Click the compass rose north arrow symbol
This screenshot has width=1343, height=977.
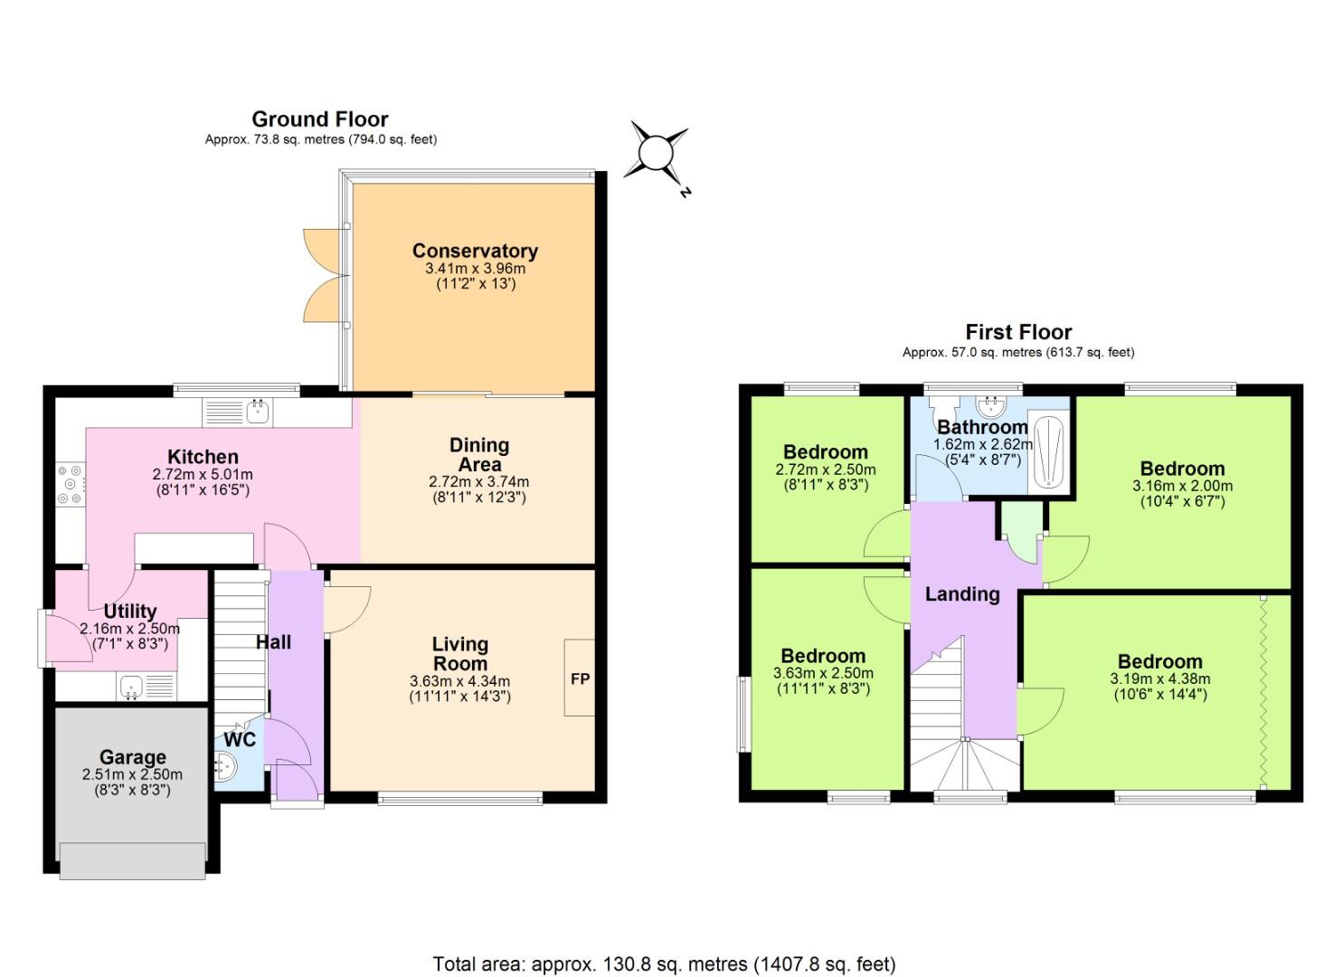click(x=657, y=151)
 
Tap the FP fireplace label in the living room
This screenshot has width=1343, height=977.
click(x=580, y=678)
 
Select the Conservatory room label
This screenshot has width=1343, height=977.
click(x=475, y=251)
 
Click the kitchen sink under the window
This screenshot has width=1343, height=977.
click(x=259, y=413)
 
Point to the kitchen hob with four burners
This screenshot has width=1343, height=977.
click(x=70, y=485)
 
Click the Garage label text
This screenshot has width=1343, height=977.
click(x=132, y=757)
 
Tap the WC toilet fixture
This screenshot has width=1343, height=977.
click(x=223, y=770)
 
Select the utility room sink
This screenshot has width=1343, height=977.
click(x=132, y=688)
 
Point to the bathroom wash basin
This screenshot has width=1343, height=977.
click(x=990, y=405)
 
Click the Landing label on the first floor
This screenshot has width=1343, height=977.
click(x=962, y=594)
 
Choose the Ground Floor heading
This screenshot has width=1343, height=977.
click(x=320, y=119)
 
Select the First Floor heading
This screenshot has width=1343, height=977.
click(x=1018, y=332)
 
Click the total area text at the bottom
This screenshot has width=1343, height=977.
click(x=664, y=964)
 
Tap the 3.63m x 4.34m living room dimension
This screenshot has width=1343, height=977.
click(x=459, y=681)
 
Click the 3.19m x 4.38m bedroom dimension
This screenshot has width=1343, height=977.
click(x=1159, y=678)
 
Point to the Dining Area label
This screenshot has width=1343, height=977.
click(x=479, y=454)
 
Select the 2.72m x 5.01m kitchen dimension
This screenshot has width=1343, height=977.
click(x=203, y=474)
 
